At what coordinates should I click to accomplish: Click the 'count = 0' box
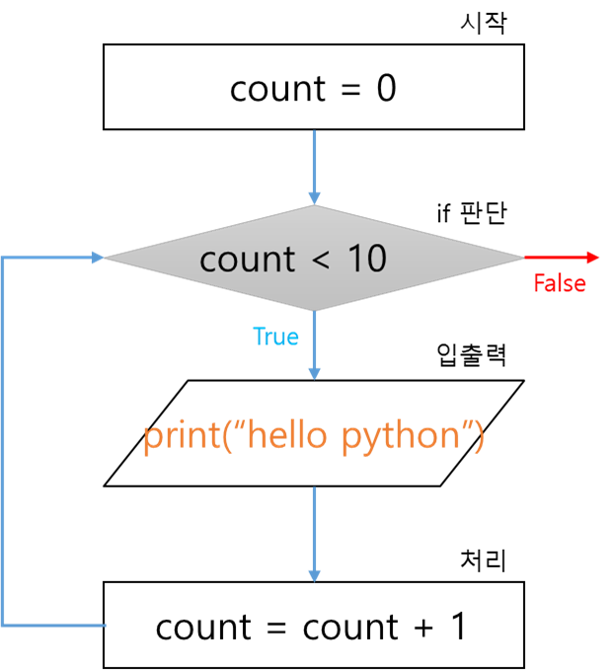point(314,88)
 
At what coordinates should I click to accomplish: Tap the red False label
point(560,284)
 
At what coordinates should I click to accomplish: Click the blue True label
point(275,336)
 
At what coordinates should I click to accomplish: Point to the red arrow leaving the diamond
point(562,258)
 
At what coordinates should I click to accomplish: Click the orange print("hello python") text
point(314,436)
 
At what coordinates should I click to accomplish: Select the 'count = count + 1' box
point(314,626)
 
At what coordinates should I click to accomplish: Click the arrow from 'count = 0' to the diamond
point(314,167)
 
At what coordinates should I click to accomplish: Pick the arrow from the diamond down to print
point(314,345)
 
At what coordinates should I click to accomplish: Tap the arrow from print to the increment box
point(314,533)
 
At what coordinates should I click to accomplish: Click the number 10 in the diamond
point(366,259)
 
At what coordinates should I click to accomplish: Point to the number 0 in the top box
point(386,89)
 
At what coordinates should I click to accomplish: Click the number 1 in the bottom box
point(457,627)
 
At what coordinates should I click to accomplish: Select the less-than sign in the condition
point(321,260)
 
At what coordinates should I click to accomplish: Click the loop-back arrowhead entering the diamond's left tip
point(97,258)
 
